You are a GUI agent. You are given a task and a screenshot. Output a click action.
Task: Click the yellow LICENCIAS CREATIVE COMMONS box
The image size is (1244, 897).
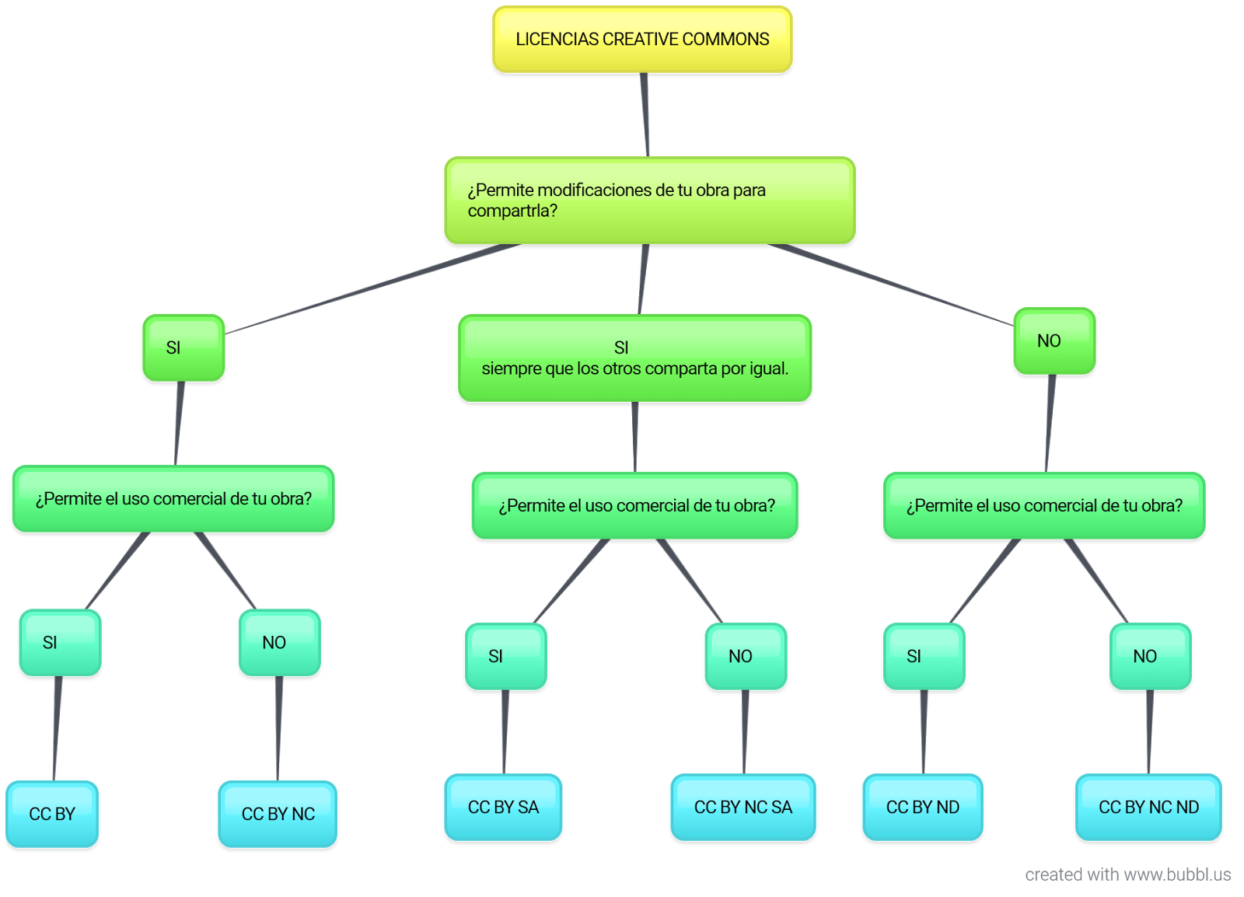click(642, 40)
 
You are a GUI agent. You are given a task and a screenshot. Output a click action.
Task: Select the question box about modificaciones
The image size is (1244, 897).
click(649, 201)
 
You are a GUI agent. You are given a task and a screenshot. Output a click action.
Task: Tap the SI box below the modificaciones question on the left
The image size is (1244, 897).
click(183, 347)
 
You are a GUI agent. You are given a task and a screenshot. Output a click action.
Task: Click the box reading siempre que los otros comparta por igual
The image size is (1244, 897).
click(634, 358)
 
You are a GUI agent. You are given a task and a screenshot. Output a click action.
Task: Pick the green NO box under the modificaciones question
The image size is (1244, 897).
click(1054, 341)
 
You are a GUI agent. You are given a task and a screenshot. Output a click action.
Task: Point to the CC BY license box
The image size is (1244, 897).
click(52, 814)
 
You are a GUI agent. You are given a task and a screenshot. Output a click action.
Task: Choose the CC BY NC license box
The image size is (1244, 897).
click(278, 814)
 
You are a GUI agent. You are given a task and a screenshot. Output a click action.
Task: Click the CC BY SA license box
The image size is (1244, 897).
click(503, 807)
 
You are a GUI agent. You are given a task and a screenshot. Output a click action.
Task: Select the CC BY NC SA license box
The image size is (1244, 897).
click(743, 807)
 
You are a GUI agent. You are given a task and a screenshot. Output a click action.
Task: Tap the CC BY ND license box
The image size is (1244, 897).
click(922, 807)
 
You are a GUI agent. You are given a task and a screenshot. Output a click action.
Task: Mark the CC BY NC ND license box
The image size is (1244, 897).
click(1148, 807)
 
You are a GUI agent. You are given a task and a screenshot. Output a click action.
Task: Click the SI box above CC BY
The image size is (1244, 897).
click(60, 643)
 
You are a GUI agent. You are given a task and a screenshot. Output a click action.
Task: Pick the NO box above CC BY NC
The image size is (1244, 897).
click(279, 643)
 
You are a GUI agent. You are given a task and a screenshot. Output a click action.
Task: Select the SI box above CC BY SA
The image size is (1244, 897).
click(505, 656)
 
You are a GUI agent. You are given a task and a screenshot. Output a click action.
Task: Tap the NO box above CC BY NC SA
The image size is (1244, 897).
click(745, 656)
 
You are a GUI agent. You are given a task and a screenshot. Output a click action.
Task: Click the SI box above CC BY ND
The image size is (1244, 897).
click(924, 656)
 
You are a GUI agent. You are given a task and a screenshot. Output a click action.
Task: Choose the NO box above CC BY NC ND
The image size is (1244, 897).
click(1150, 656)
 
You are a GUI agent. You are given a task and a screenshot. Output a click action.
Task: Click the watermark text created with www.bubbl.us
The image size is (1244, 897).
click(1127, 874)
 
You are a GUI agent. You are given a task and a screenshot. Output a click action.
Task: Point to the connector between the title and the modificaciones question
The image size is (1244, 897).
click(645, 115)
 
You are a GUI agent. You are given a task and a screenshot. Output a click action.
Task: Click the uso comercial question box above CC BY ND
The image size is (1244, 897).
click(1044, 505)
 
